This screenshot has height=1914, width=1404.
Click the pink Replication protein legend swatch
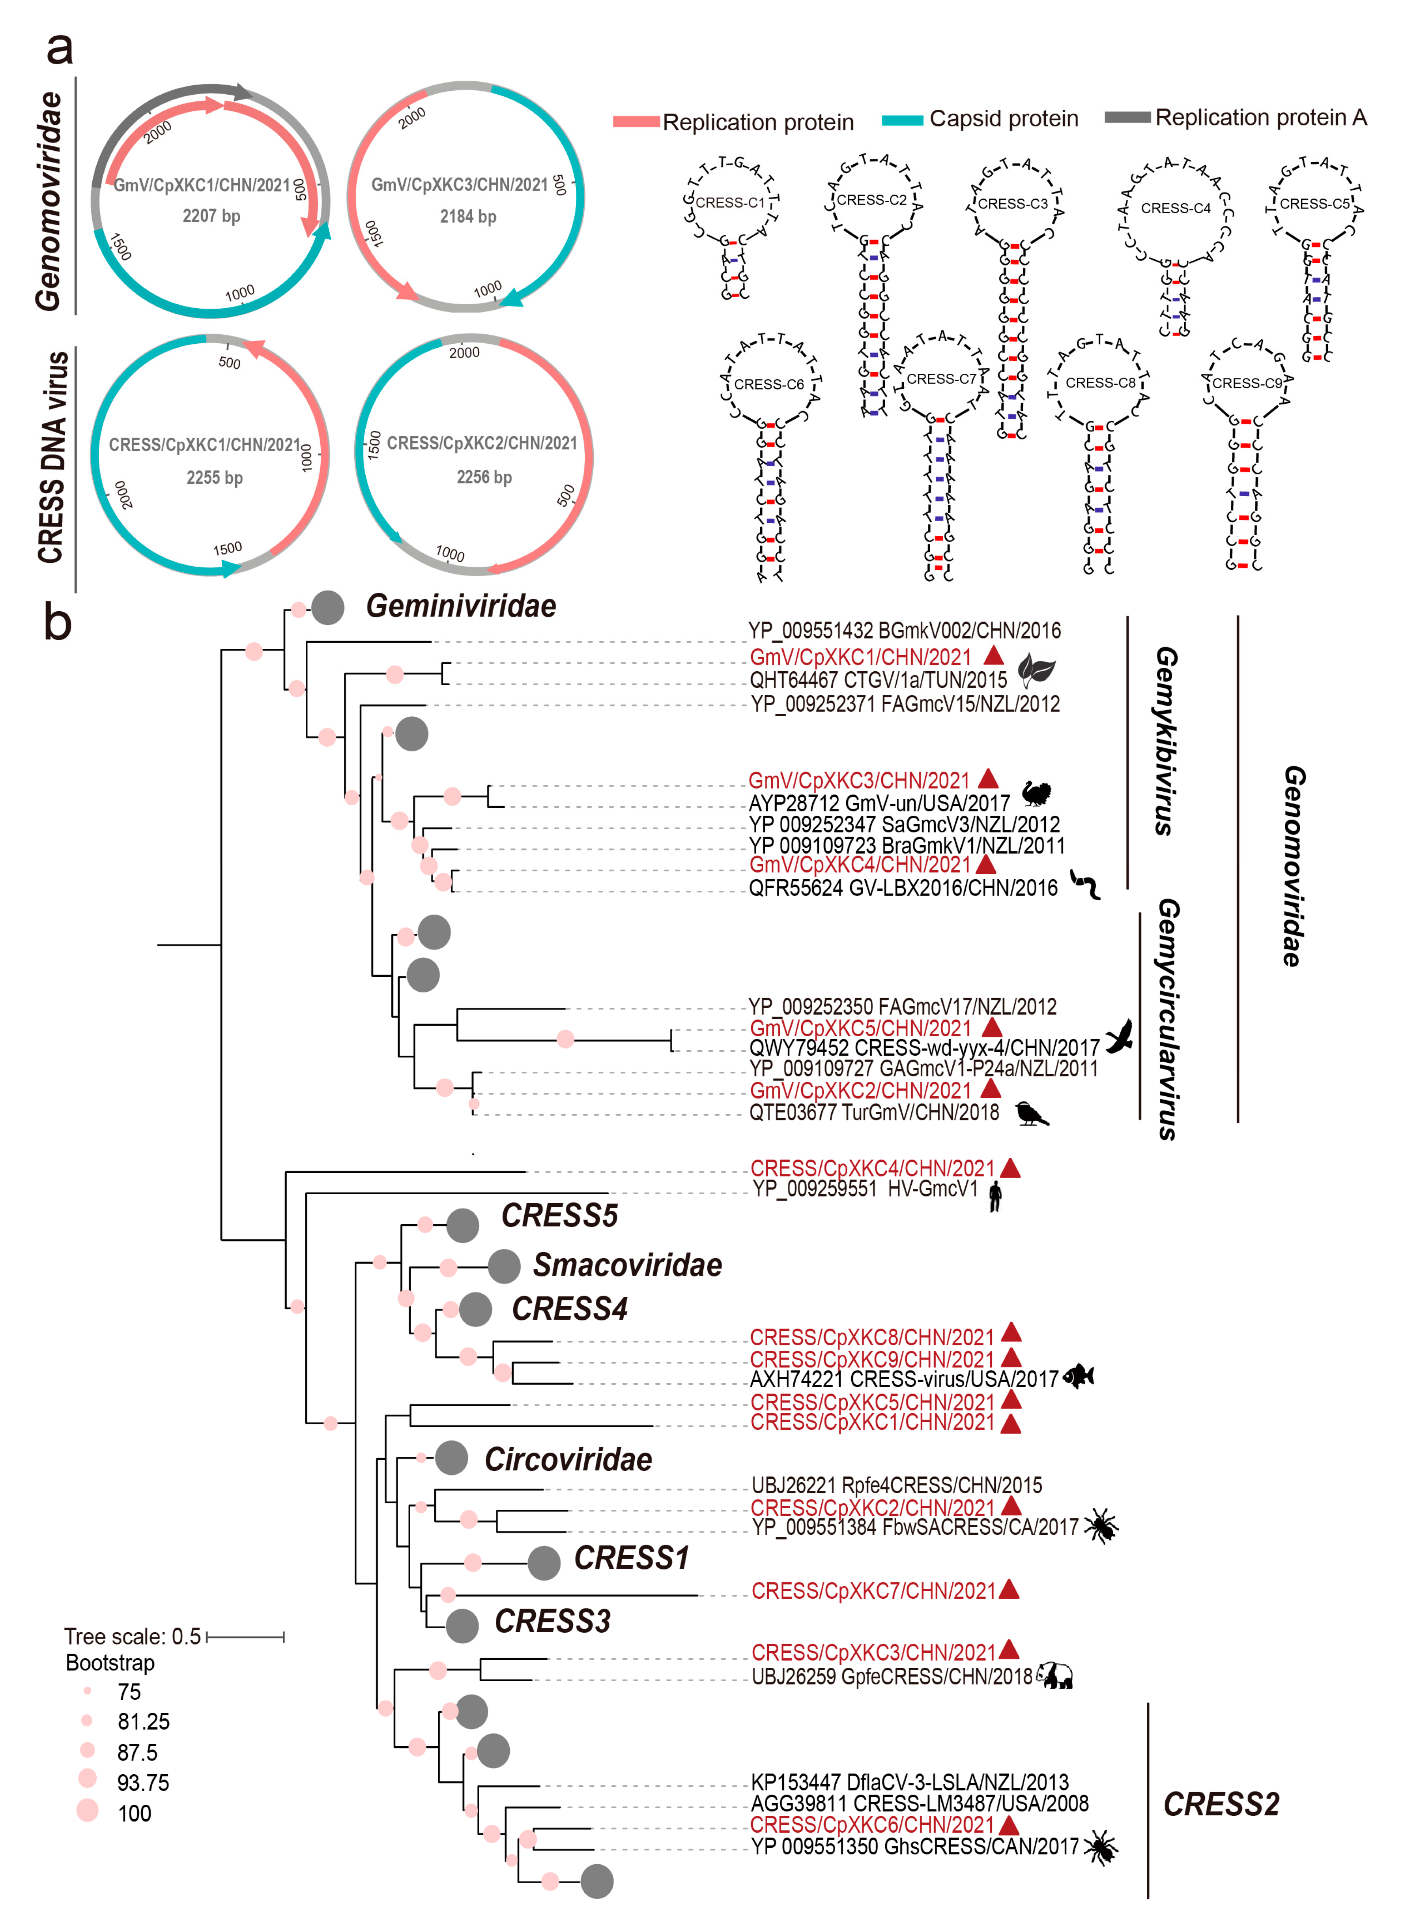(636, 122)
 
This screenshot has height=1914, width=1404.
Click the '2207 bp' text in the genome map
(211, 216)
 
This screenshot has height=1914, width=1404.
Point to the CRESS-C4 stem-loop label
(1175, 208)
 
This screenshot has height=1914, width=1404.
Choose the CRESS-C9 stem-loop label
(1246, 384)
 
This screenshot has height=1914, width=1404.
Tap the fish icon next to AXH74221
(1079, 1375)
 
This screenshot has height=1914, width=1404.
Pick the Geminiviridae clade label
(461, 606)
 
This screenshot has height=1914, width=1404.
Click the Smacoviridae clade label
(627, 1265)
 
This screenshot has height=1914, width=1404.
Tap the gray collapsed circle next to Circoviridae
(451, 1458)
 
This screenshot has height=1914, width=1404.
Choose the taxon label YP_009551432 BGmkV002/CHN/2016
(904, 631)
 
